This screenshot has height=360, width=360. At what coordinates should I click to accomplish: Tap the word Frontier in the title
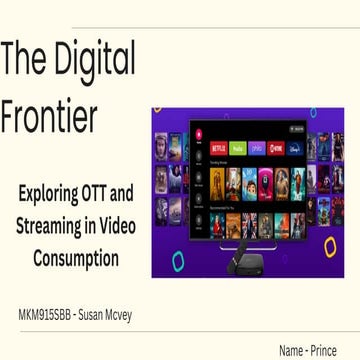pos(49,117)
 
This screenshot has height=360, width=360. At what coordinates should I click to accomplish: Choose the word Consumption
pos(76,258)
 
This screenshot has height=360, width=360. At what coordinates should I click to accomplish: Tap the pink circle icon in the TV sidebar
pos(198,134)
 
